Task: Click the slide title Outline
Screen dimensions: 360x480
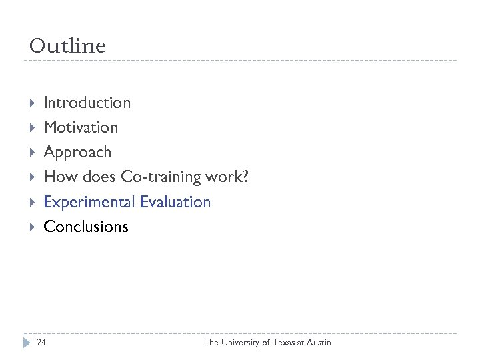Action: (67, 46)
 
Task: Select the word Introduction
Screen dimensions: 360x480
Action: (87, 103)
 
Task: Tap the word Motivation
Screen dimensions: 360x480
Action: (80, 127)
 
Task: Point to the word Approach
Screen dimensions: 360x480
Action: (77, 153)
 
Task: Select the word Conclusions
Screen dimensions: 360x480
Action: (85, 227)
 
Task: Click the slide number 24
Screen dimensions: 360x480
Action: (41, 343)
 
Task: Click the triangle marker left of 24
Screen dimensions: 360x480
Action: (27, 343)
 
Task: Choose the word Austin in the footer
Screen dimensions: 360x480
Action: (317, 343)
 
